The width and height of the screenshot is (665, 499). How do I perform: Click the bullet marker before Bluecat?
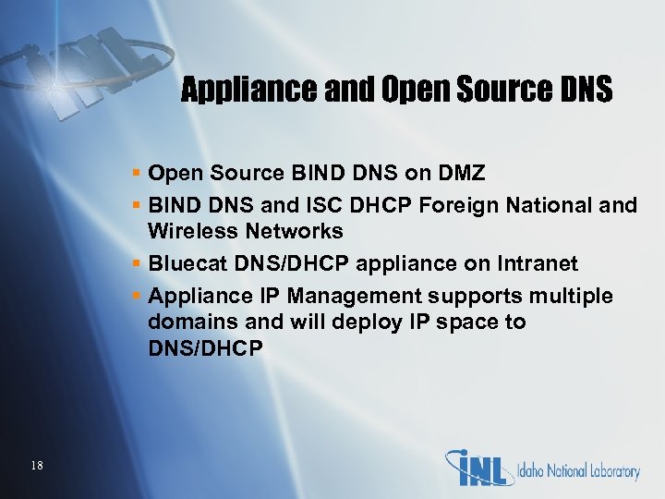pyautogui.click(x=136, y=264)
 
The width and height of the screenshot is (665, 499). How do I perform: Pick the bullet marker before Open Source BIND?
pyautogui.click(x=136, y=173)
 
